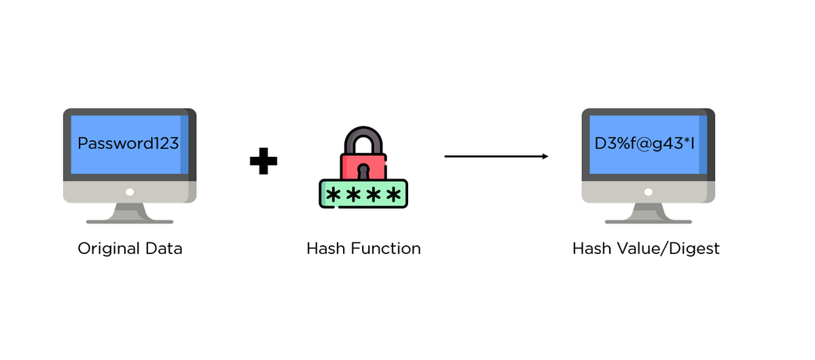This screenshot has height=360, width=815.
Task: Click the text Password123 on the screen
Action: click(x=128, y=143)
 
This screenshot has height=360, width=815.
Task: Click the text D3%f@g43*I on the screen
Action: click(x=648, y=143)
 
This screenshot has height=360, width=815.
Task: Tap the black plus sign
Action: click(x=264, y=162)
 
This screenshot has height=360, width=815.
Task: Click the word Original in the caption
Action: click(x=107, y=249)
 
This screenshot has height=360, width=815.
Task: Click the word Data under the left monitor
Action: click(x=163, y=249)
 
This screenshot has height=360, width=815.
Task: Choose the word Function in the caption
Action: click(x=385, y=249)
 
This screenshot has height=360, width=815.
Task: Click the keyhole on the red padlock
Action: click(x=363, y=170)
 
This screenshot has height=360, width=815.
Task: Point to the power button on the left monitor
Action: click(x=130, y=192)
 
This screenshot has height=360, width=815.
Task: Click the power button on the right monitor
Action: click(x=648, y=192)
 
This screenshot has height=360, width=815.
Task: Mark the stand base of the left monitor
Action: click(x=130, y=221)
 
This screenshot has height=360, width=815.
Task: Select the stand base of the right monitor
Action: click(x=648, y=221)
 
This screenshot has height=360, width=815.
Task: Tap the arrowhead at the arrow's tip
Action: click(x=545, y=156)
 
